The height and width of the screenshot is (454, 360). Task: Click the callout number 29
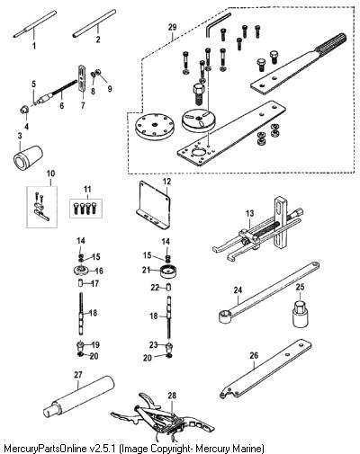click(x=172, y=27)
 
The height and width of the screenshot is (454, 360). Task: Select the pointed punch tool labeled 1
click(x=35, y=23)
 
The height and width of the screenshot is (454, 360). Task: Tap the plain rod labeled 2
click(x=94, y=23)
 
